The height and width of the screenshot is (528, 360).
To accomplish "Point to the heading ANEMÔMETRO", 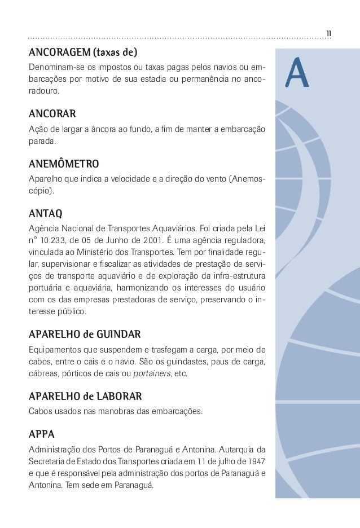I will click(64, 164).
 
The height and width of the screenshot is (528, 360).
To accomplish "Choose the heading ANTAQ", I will click(46, 214).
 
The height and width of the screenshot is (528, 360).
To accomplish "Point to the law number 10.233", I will click(58, 239).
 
